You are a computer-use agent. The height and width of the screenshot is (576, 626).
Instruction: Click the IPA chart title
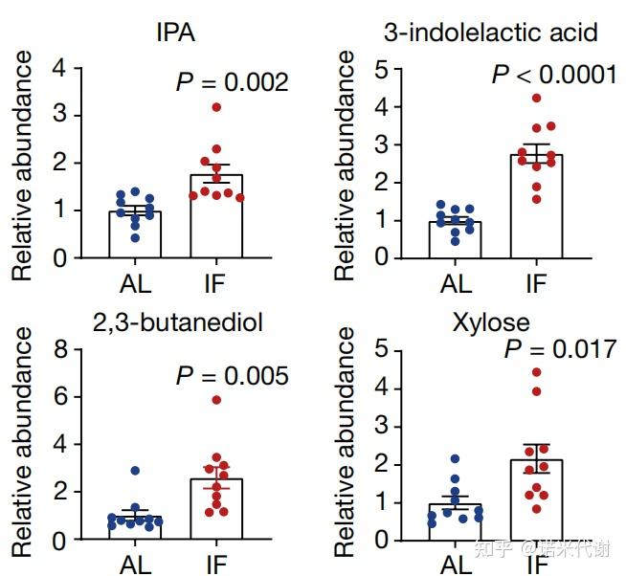[177, 33]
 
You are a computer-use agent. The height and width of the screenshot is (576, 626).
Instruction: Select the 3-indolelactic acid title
[490, 33]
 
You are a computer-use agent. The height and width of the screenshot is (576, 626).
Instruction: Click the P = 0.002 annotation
[232, 82]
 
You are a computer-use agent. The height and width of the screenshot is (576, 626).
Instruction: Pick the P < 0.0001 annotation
[554, 75]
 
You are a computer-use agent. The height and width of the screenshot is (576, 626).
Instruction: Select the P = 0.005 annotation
[232, 376]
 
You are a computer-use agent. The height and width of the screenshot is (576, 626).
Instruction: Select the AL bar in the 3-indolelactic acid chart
[455, 239]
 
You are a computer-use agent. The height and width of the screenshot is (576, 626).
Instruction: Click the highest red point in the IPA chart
[217, 107]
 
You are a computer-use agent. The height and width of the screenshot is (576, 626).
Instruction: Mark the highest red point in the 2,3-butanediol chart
[217, 400]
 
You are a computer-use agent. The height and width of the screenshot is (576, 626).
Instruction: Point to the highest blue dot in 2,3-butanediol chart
[136, 471]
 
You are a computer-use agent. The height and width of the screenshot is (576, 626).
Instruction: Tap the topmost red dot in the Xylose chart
[537, 372]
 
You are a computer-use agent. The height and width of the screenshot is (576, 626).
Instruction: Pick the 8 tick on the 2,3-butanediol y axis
[61, 349]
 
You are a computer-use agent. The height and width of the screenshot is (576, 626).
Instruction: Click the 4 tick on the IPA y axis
[61, 69]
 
